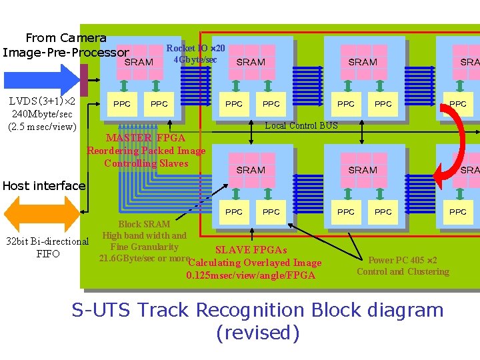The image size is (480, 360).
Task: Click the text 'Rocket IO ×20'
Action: tap(195, 48)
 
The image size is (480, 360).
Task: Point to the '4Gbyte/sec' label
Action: tap(195, 60)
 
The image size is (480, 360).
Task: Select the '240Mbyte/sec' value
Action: tap(41, 114)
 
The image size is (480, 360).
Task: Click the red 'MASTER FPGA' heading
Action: tap(145, 138)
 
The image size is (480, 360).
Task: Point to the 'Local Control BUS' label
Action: tap(301, 125)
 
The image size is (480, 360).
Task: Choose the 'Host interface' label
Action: tap(43, 186)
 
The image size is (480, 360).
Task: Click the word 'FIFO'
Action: tap(47, 253)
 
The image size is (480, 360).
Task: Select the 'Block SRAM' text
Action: tap(144, 224)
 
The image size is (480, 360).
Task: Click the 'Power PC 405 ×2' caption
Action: tap(403, 260)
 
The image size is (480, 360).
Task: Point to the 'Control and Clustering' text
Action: tap(403, 271)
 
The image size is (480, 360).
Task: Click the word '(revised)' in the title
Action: tap(258, 333)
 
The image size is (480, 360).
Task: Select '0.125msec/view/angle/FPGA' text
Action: tap(251, 275)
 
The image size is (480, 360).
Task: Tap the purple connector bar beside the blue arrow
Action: tap(84, 80)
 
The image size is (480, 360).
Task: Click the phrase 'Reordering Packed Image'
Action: tap(146, 151)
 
